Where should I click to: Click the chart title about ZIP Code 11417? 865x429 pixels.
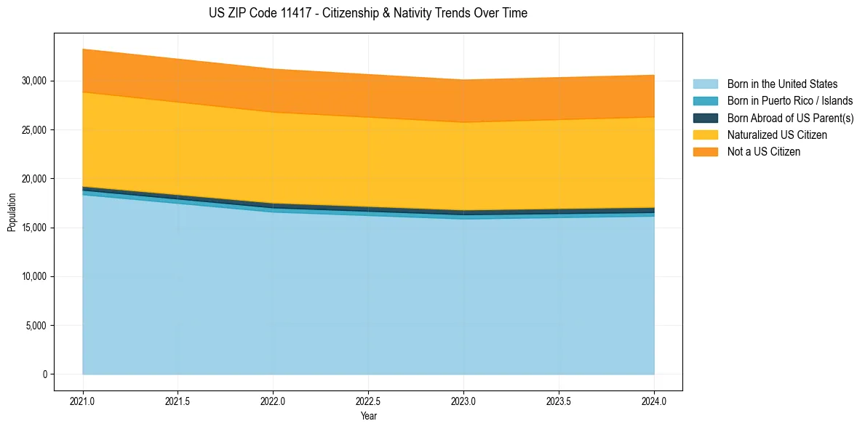coord(367,13)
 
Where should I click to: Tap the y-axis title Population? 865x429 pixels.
coord(12,212)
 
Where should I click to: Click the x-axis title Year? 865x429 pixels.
coord(368,416)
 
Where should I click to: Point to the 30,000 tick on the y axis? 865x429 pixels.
coord(33,81)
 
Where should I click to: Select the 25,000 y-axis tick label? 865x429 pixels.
coord(33,129)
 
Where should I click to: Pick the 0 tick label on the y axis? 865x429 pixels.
coord(44,374)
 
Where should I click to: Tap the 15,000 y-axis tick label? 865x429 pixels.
coord(33,228)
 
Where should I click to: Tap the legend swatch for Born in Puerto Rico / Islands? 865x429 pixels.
coord(705,101)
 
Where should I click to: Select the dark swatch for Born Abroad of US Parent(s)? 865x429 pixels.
coord(705,118)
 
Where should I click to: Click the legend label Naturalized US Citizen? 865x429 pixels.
coord(777,135)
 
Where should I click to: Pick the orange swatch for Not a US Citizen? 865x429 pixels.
coord(705,152)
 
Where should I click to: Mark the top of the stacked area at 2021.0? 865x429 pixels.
coord(83,49)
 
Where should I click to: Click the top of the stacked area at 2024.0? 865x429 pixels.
coord(654,76)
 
